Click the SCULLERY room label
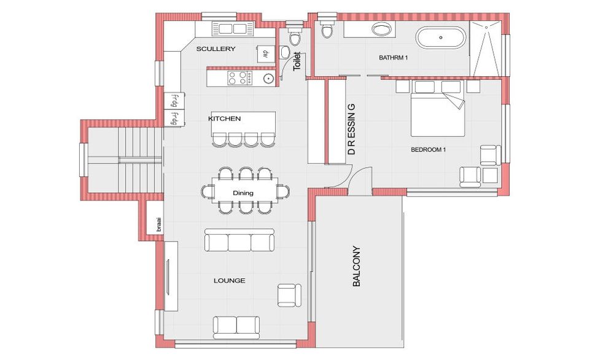216,49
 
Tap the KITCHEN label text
224,119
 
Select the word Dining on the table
243,193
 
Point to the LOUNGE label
230,281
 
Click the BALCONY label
356,267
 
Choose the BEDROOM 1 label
429,150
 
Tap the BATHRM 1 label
394,58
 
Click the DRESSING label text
352,129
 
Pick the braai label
158,224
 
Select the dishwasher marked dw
266,53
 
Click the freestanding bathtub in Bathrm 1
441,37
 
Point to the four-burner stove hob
240,77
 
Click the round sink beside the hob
268,79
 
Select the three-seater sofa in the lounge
239,240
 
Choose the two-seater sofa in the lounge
236,327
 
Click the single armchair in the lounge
289,295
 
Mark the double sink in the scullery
233,29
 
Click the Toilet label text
297,61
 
